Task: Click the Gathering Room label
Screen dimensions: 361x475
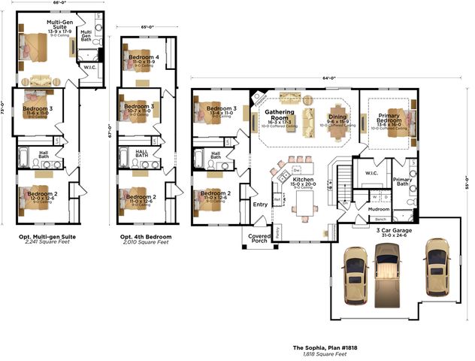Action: (280, 115)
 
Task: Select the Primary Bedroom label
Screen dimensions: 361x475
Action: (389, 119)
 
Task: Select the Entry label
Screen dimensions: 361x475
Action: (260, 204)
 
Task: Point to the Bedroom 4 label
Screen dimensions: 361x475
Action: (144, 57)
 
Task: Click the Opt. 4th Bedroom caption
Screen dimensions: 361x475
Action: (146, 236)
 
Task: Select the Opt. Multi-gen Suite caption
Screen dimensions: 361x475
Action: (47, 236)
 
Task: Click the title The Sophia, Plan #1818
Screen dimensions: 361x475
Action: (321, 348)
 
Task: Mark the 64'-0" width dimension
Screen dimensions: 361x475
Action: (329, 77)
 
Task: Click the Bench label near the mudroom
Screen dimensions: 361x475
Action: (381, 219)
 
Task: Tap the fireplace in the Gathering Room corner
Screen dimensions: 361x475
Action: (259, 96)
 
